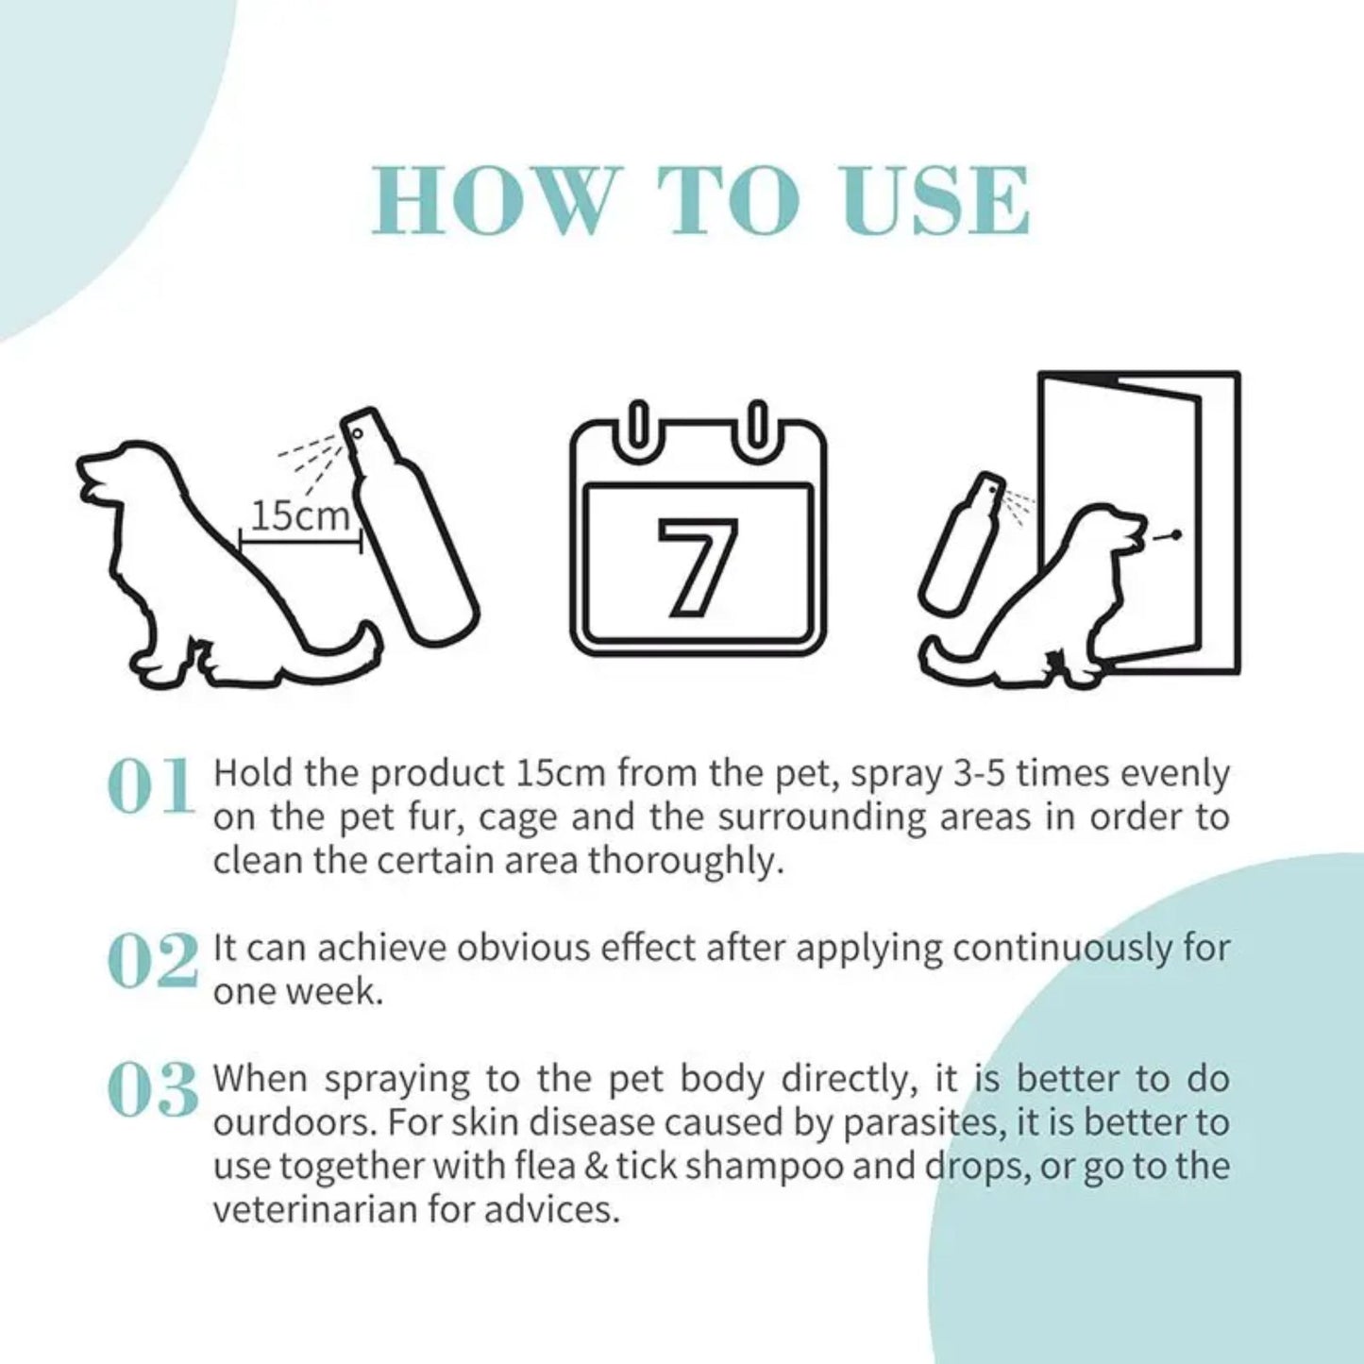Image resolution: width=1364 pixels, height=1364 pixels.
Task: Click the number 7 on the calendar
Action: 699,567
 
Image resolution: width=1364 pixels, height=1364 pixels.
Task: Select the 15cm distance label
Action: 299,516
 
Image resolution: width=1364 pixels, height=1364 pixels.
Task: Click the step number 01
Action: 151,786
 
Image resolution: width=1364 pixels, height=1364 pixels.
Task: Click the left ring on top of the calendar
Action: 639,429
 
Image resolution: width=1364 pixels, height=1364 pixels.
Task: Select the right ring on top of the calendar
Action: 757,429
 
